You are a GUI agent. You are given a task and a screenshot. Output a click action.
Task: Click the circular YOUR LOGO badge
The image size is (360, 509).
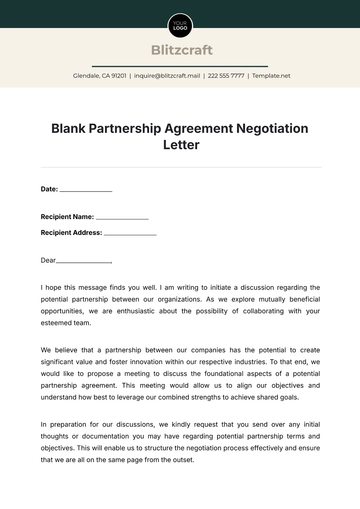point(180,25)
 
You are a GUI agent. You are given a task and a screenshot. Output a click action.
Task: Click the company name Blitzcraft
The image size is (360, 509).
point(180,50)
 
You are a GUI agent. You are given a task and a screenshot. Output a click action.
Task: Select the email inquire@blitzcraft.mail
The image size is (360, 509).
point(167,75)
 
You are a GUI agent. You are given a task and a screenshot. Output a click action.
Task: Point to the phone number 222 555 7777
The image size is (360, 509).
point(225,75)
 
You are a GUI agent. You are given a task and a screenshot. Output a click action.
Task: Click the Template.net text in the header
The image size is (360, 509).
point(271,75)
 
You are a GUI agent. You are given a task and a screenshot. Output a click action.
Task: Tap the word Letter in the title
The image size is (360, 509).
point(180,145)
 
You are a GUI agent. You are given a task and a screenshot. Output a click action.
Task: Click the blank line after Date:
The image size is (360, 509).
point(86,190)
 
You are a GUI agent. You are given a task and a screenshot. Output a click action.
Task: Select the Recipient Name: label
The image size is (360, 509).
point(67,216)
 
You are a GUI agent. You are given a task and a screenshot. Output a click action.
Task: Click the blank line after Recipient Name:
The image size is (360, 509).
point(122,218)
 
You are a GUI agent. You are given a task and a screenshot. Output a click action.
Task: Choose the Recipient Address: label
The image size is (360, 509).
point(71,232)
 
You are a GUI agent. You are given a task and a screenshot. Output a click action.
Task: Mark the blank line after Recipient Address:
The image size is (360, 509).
point(130,234)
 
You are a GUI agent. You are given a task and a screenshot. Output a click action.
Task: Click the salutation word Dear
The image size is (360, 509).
point(48,260)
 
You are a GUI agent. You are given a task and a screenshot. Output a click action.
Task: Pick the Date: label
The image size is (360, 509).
point(49,188)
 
